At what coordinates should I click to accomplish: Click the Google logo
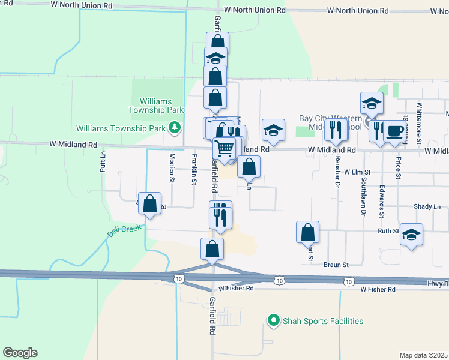click(20, 353)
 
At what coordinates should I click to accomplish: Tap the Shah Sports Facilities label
click(323, 321)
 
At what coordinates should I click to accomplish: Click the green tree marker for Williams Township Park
click(174, 127)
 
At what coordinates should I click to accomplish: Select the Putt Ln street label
click(103, 162)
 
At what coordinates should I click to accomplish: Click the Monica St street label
click(172, 164)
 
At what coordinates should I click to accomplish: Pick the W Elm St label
click(358, 172)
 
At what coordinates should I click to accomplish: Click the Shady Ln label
click(427, 206)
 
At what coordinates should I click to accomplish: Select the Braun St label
click(336, 264)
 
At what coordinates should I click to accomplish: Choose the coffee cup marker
click(394, 131)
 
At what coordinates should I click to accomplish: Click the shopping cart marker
click(224, 148)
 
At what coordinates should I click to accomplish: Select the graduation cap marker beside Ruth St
click(411, 234)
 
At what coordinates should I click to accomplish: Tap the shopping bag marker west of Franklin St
click(149, 203)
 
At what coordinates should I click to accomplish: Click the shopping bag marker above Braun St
click(307, 232)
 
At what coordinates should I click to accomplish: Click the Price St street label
click(398, 167)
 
